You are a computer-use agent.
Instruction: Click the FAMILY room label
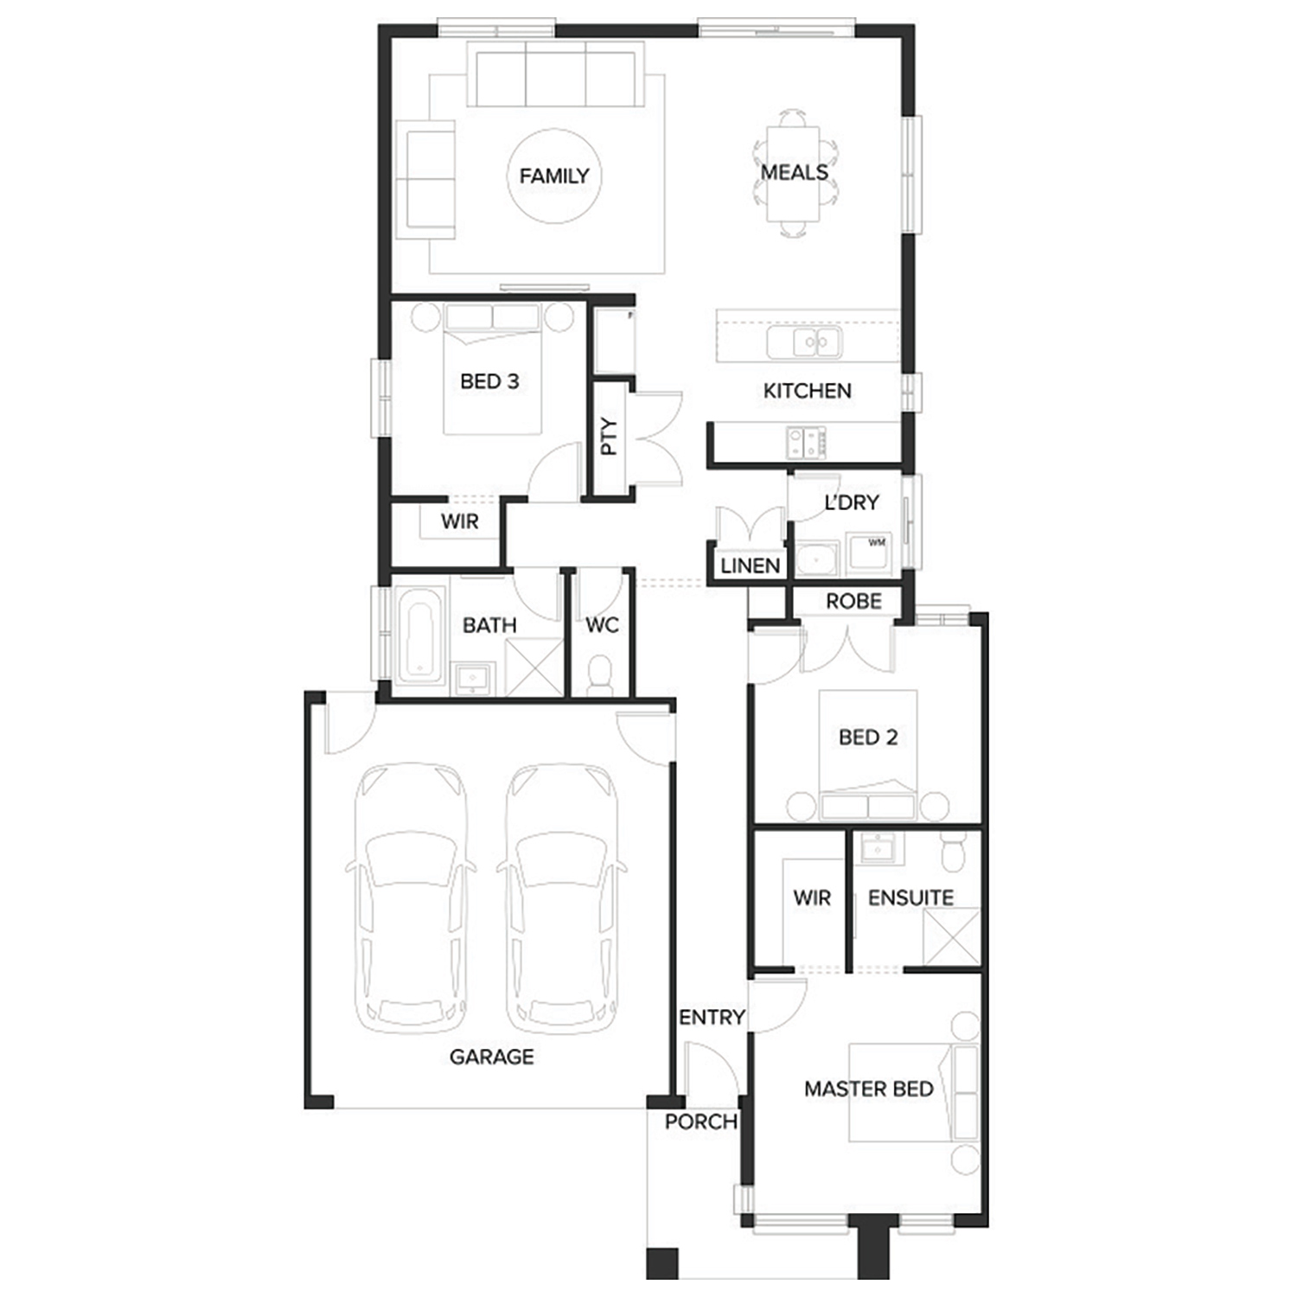[x=554, y=176]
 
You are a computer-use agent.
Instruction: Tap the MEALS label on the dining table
[x=795, y=172]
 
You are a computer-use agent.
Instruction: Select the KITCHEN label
[x=807, y=391]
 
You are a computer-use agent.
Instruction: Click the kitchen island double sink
[x=804, y=342]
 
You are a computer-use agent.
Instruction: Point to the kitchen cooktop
[x=806, y=443]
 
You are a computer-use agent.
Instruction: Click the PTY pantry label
[x=610, y=437]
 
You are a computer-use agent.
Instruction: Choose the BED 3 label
[x=489, y=381]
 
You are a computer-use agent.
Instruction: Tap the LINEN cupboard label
[x=751, y=565]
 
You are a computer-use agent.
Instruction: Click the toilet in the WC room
[x=599, y=674]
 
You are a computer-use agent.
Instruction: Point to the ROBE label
[x=853, y=601]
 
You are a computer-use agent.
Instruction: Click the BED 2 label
[x=868, y=738]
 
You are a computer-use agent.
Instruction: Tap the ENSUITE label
[x=911, y=898]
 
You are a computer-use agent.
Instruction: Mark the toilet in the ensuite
[x=954, y=851]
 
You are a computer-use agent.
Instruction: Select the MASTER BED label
[x=869, y=1089]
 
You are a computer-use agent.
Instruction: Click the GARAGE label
[x=492, y=1057]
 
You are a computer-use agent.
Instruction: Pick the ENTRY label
[x=712, y=1018]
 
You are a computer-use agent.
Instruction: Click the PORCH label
[x=701, y=1122]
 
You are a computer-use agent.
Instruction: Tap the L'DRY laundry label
[x=852, y=502]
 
